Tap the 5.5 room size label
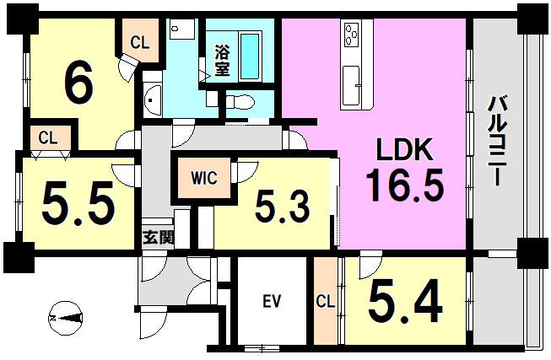click(78, 204)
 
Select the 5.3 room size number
click(283, 207)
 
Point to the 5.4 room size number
click(405, 301)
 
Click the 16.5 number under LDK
click(405, 184)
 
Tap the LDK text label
click(404, 150)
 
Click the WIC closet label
click(204, 178)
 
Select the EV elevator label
click(273, 301)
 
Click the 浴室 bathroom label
click(223, 62)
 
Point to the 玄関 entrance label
click(158, 238)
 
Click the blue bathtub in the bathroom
click(251, 56)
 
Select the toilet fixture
click(240, 102)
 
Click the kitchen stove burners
click(352, 35)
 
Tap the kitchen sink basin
click(351, 86)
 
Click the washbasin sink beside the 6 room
click(153, 99)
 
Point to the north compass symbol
click(66, 319)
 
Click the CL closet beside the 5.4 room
click(326, 301)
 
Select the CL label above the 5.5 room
click(48, 138)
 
